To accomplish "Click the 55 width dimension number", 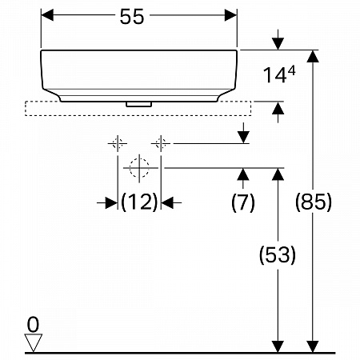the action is pos(132,17).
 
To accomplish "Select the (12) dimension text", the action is pos(139,202).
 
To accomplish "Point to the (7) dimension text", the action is pos(243,202).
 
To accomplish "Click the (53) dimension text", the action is pos(278,254).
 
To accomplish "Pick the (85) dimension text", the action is pos(314,202).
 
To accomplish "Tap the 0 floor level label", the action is pos(33,325).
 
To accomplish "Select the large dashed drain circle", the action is pos(139,168).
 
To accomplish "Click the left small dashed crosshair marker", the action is pos(118,143).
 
